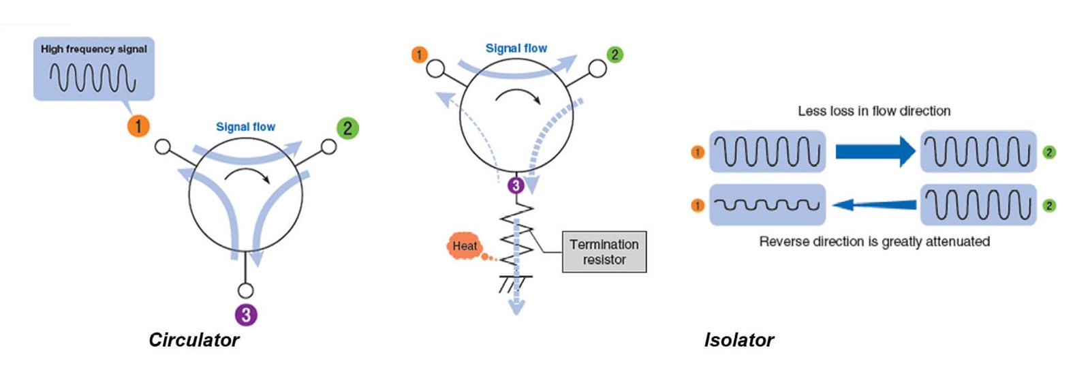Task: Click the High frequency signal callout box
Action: coord(94,69)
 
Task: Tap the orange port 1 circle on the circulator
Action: coord(138,125)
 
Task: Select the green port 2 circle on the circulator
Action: coord(347,127)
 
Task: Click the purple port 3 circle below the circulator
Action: coord(246,314)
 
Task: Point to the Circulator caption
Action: coord(193,340)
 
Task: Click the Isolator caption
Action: coord(738,340)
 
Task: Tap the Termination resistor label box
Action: coord(604,252)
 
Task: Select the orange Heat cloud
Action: coord(465,246)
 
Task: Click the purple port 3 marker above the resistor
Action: coord(516,185)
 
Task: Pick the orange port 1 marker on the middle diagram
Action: coord(420,54)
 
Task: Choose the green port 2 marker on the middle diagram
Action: coord(614,55)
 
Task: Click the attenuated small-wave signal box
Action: coord(767,204)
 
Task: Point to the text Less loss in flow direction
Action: coord(874,111)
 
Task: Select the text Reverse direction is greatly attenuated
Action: coord(874,241)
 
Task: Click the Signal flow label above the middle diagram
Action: coord(516,48)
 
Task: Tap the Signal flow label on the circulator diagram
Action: coord(245,127)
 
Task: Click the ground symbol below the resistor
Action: coord(515,282)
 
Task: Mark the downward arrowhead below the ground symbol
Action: coord(517,308)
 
